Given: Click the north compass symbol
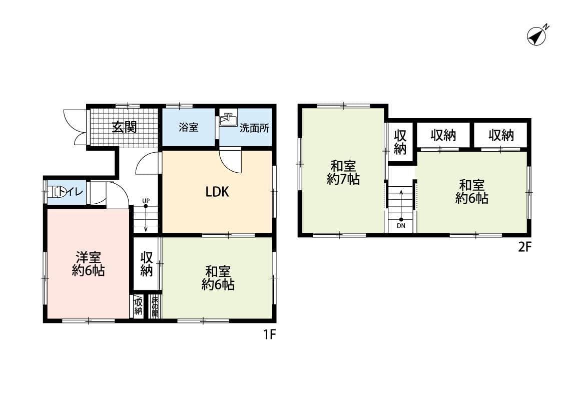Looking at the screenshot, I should (537, 36).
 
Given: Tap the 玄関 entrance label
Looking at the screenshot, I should (124, 127).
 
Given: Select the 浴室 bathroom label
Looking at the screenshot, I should (188, 127).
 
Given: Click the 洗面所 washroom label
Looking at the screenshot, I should (254, 128).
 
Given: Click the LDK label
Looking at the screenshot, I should (217, 192).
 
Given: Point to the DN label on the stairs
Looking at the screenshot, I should (401, 225).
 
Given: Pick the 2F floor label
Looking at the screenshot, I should (523, 247).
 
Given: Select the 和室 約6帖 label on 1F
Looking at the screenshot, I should (218, 278).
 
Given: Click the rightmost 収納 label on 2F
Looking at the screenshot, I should (501, 135).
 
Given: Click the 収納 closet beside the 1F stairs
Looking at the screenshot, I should (146, 264).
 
